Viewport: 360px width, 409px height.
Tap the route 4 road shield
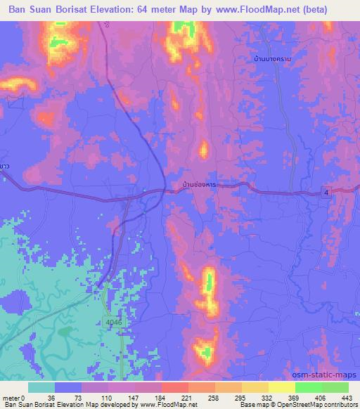pyautogui.click(x=328, y=193)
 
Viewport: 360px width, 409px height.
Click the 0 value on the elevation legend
pyautogui.click(x=24, y=397)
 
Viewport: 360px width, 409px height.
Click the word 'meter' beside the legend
pyautogui.click(x=11, y=397)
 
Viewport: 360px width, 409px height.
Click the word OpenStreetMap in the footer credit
pyautogui.click(x=317, y=405)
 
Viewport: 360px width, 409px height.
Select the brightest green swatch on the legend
pyautogui.click(x=309, y=387)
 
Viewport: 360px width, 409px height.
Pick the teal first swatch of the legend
pyautogui.click(x=41, y=387)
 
